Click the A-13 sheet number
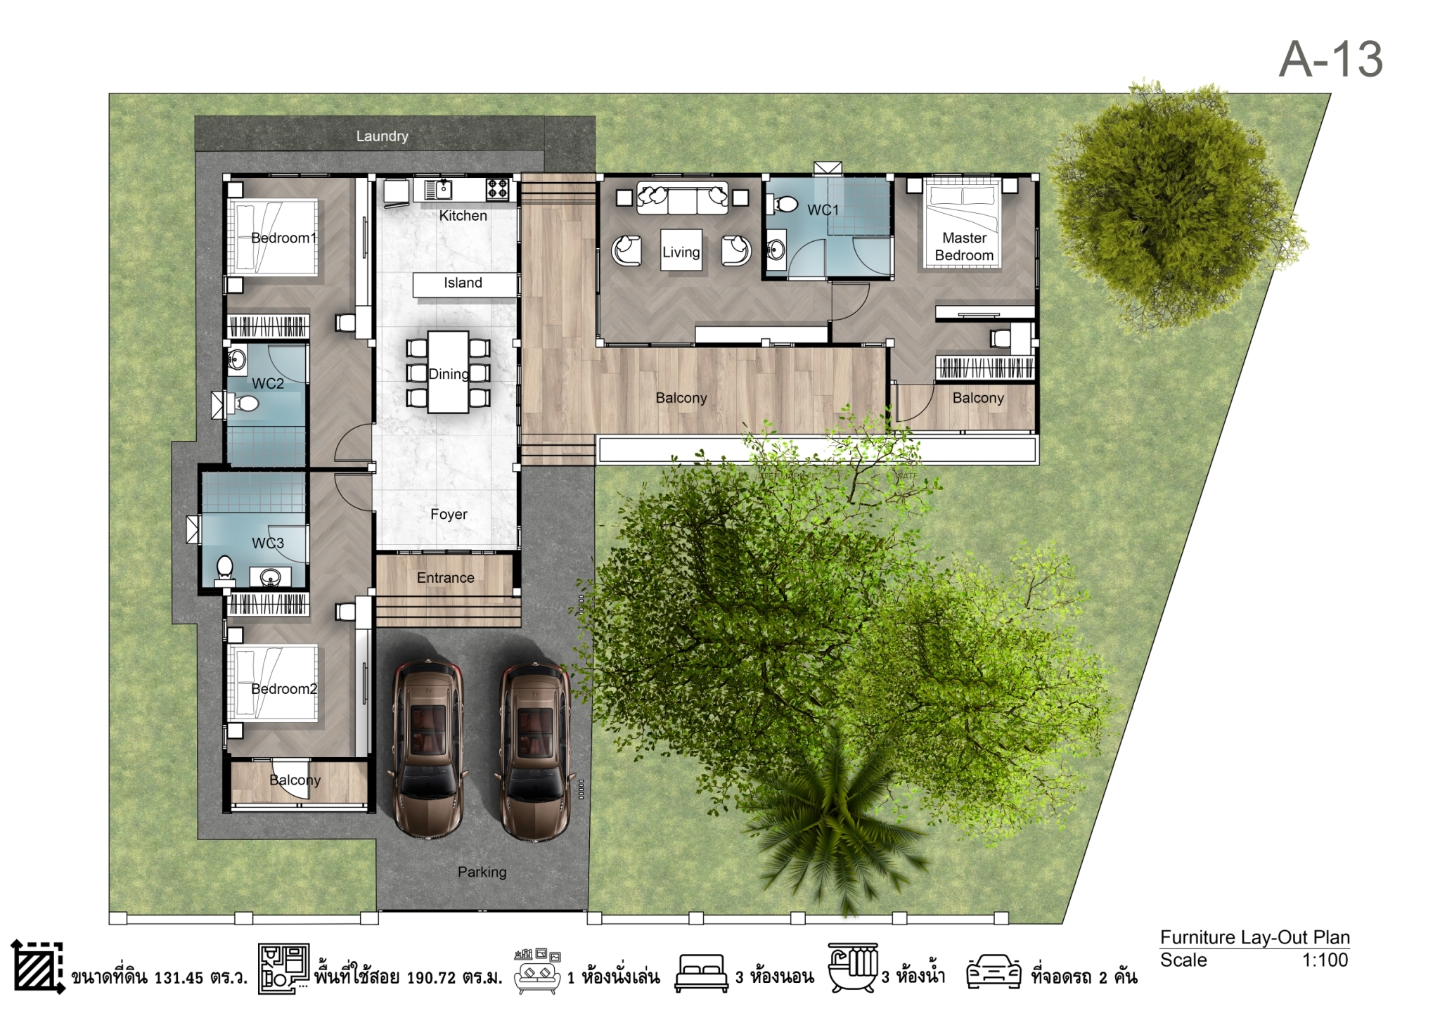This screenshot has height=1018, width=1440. pyautogui.click(x=1330, y=59)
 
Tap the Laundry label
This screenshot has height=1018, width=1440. pyautogui.click(x=382, y=136)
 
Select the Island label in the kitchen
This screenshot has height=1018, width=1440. pyautogui.click(x=463, y=283)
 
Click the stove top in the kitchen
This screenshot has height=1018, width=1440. pyautogui.click(x=498, y=188)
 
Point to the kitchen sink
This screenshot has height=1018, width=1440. pyautogui.click(x=438, y=189)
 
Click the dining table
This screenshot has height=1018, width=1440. pyautogui.click(x=448, y=372)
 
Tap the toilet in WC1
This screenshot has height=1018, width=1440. pyautogui.click(x=785, y=205)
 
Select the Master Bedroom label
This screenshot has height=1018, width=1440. pyautogui.click(x=964, y=247)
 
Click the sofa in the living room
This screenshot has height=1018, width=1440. pyautogui.click(x=682, y=198)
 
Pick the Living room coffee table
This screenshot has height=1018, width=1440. pyautogui.click(x=681, y=250)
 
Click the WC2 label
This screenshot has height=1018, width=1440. pyautogui.click(x=268, y=384)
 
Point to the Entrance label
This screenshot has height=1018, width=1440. pyautogui.click(x=446, y=578)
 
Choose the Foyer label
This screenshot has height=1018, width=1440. pyautogui.click(x=449, y=515)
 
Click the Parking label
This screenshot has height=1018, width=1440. pyautogui.click(x=482, y=872)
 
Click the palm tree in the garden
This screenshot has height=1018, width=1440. pyautogui.click(x=837, y=823)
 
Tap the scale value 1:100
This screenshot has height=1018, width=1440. pyautogui.click(x=1325, y=960)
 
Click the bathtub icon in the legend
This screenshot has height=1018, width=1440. pyautogui.click(x=852, y=967)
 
